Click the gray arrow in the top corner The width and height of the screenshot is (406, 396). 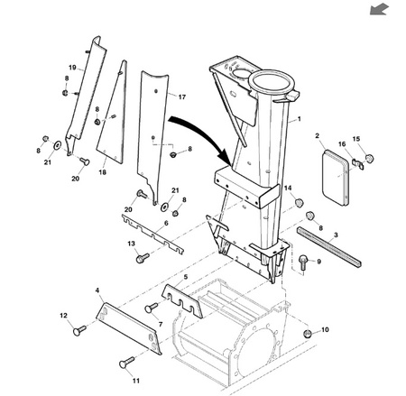pyautogui.click(x=379, y=9)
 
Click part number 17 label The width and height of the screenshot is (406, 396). pyautogui.click(x=182, y=97)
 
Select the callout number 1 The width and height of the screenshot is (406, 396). pyautogui.click(x=299, y=119)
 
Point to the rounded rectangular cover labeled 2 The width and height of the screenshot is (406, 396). pyautogui.click(x=336, y=178)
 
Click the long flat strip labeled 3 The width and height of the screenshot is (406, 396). pyautogui.click(x=328, y=248)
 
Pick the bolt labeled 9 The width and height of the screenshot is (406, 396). pyautogui.click(x=303, y=262)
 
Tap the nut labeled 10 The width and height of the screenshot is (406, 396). pyautogui.click(x=307, y=334)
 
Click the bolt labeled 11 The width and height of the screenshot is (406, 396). pyautogui.click(x=126, y=362)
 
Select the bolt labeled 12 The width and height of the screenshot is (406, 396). pyautogui.click(x=79, y=330)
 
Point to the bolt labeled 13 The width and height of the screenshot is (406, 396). pyautogui.click(x=143, y=258)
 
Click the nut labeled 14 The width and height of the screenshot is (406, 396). pyautogui.click(x=299, y=203)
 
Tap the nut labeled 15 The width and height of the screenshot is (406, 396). pyautogui.click(x=369, y=158)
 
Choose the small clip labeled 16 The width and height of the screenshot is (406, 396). pyautogui.click(x=358, y=163)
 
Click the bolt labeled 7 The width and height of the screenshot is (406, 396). pyautogui.click(x=151, y=308)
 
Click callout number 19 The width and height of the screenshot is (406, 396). pyautogui.click(x=72, y=68)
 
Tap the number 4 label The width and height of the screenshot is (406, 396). pyautogui.click(x=97, y=290)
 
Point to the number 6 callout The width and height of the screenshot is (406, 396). pyautogui.click(x=166, y=223)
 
